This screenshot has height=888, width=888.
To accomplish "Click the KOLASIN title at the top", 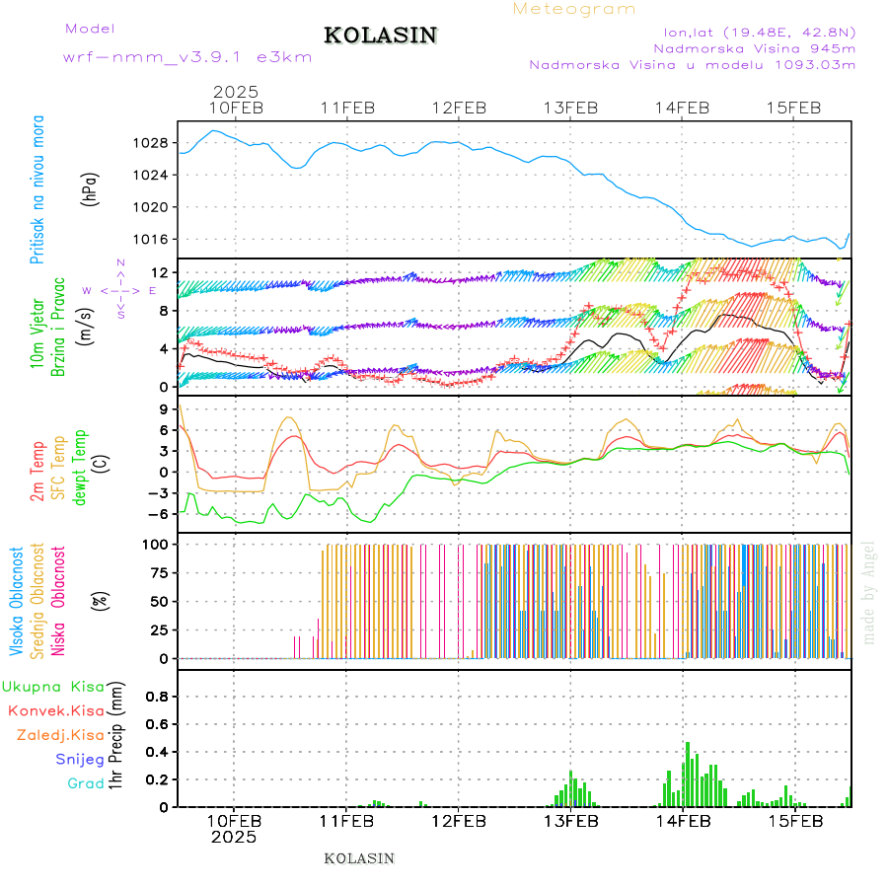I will [x=380, y=36].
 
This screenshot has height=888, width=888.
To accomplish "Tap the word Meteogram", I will [x=574, y=9].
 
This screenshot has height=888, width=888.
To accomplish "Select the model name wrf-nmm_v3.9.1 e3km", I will [x=187, y=56].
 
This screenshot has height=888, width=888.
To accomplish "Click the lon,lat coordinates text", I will [x=759, y=31].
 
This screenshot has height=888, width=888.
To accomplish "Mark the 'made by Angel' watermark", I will [x=869, y=592].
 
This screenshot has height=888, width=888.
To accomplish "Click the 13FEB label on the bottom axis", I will [x=571, y=821].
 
